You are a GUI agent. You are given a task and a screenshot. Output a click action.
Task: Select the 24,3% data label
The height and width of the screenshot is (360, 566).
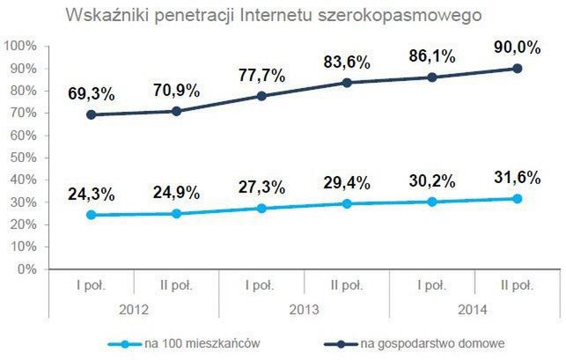(x=91, y=192)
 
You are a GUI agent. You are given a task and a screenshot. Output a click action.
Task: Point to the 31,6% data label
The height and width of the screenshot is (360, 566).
(x=516, y=177)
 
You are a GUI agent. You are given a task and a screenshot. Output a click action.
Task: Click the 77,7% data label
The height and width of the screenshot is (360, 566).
(x=261, y=75)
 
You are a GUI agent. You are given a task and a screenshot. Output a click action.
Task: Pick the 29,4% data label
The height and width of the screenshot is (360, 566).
(x=347, y=182)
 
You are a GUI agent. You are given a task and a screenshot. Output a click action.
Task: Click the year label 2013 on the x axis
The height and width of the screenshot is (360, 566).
(x=305, y=310)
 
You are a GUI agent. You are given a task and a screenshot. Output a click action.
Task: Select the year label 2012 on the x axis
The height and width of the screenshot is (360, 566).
(x=134, y=310)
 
